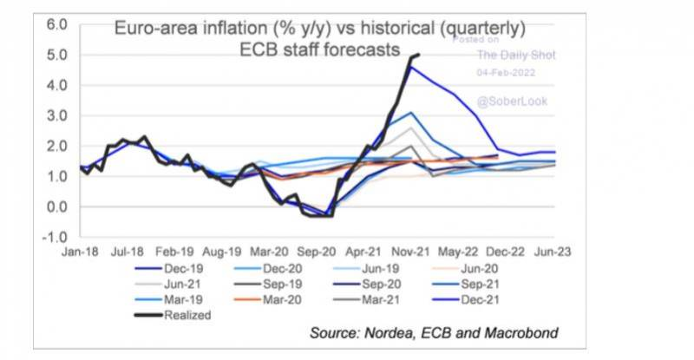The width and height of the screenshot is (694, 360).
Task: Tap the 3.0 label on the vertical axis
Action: click(x=57, y=115)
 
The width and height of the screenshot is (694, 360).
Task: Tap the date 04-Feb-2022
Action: click(x=511, y=75)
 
